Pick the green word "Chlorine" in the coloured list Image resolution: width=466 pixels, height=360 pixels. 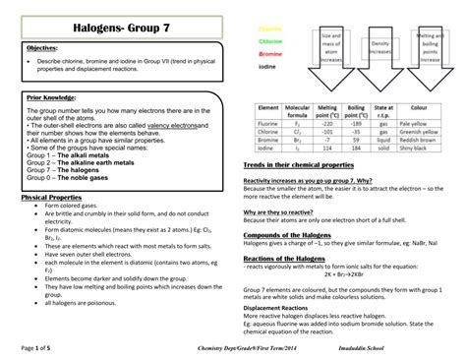[x=271, y=42]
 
